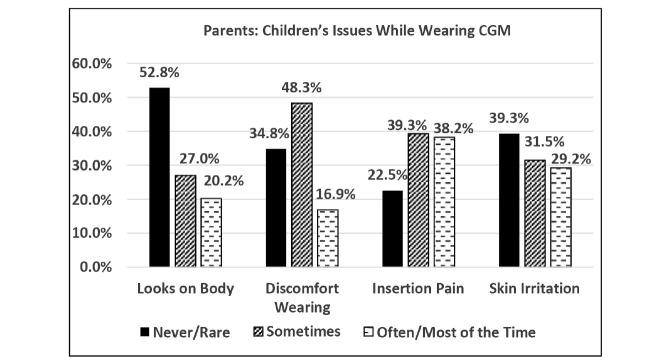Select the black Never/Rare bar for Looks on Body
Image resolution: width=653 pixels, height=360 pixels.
coord(159,177)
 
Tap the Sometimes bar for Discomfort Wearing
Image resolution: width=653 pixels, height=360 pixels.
coord(300,185)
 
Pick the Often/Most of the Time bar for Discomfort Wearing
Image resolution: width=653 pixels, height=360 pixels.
coord(327,238)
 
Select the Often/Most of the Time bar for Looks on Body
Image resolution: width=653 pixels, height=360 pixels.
coord(212,233)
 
